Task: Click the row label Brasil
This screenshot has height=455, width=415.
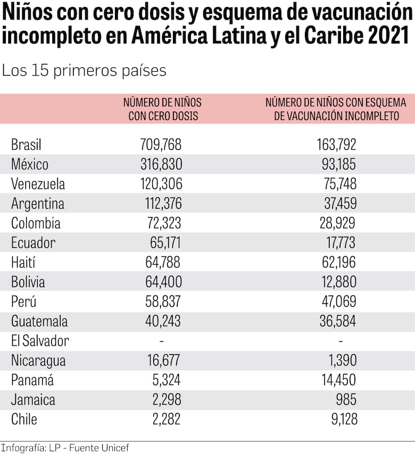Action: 26,144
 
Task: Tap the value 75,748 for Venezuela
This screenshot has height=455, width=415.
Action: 340,184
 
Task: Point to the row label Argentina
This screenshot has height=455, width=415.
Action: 38,203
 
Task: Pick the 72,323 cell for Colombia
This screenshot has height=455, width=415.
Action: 164,223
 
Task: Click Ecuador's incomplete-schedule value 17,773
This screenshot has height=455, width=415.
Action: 341,243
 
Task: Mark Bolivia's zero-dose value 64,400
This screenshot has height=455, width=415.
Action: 163,282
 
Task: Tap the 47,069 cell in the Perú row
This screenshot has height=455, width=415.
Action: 340,302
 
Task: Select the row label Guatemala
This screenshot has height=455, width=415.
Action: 39,321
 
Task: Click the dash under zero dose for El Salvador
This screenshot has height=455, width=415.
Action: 162,341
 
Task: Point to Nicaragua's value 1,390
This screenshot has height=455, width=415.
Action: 343,360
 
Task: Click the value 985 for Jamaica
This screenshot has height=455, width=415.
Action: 346,400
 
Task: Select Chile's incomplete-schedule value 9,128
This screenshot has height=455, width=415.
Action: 343,419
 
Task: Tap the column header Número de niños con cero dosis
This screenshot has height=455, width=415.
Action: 162,109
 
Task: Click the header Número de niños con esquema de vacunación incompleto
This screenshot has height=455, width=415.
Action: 336,109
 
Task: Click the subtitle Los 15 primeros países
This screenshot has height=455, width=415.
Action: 84,71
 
